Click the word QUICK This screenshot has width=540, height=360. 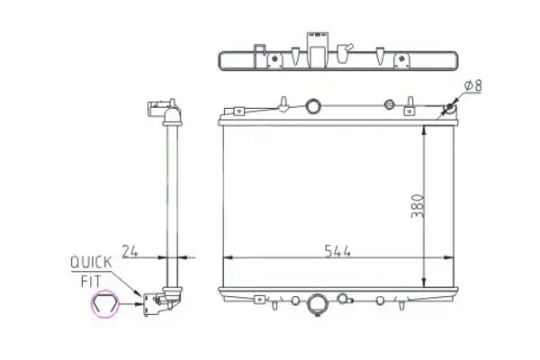coord(91,262)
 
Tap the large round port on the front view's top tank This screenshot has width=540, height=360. coord(313,106)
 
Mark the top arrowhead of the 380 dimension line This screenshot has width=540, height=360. coord(424,125)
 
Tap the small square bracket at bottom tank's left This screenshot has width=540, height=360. coord(261,299)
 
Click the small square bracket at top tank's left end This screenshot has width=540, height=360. coord(238,112)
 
